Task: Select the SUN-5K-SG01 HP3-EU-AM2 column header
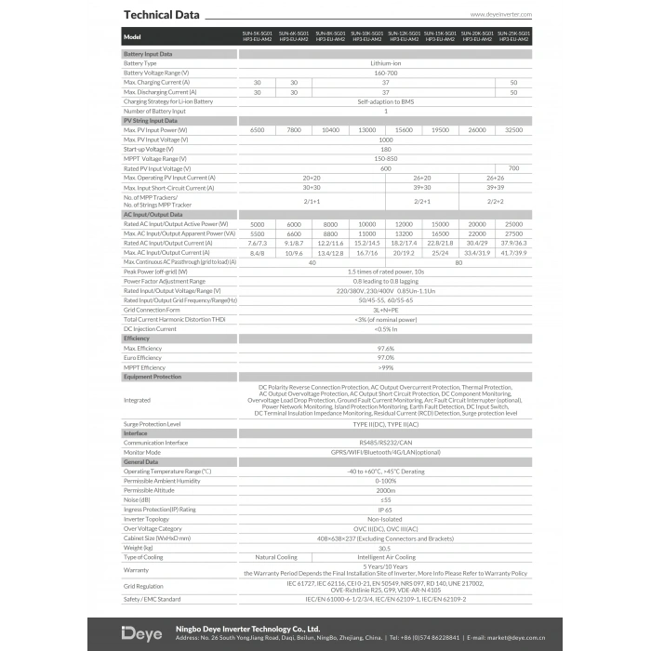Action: pyautogui.click(x=256, y=37)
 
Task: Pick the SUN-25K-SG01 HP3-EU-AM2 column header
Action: pyautogui.click(x=513, y=37)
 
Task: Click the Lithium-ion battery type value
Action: pyautogui.click(x=385, y=63)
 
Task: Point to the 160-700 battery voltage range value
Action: pyautogui.click(x=385, y=73)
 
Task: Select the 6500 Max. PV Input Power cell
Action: pyautogui.click(x=257, y=130)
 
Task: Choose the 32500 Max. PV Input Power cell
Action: pyautogui.click(x=513, y=130)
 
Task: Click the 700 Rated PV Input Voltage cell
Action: pyautogui.click(x=513, y=168)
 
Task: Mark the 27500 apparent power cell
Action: pyautogui.click(x=513, y=233)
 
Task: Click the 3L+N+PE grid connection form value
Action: pyautogui.click(x=385, y=310)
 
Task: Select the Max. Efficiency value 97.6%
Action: pyautogui.click(x=385, y=348)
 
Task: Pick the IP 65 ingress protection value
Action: pyautogui.click(x=385, y=510)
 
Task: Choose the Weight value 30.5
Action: pyautogui.click(x=385, y=547)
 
